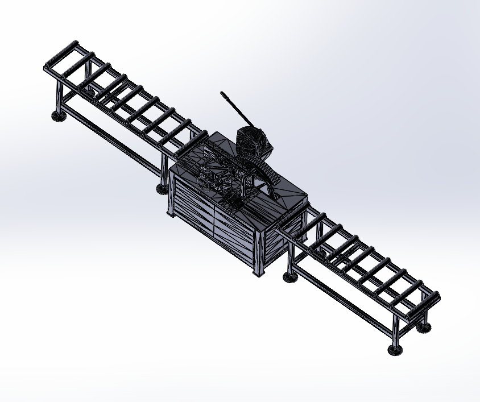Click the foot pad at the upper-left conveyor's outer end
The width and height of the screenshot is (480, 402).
point(58,117)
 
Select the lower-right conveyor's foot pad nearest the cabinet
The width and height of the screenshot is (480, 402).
point(291,277)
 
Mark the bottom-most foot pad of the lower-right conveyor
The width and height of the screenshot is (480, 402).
point(394,350)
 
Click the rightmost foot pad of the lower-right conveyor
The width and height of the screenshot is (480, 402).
point(423,328)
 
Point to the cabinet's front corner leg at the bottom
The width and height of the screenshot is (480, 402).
point(259,267)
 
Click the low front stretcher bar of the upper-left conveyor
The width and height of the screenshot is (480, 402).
point(111,137)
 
